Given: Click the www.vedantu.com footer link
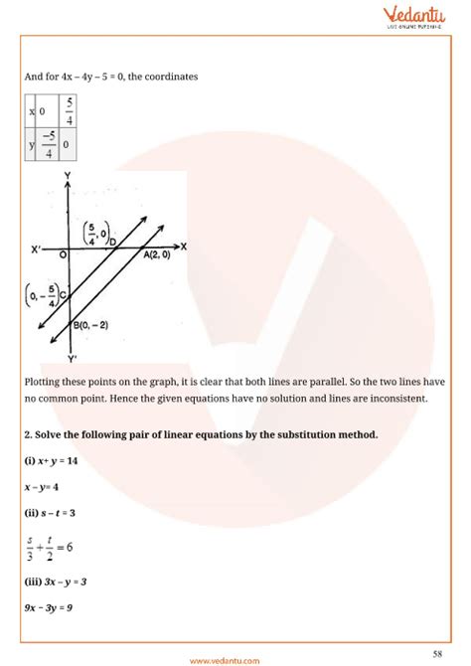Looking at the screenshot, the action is click(x=235, y=657).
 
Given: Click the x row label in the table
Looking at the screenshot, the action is click(x=32, y=108).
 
